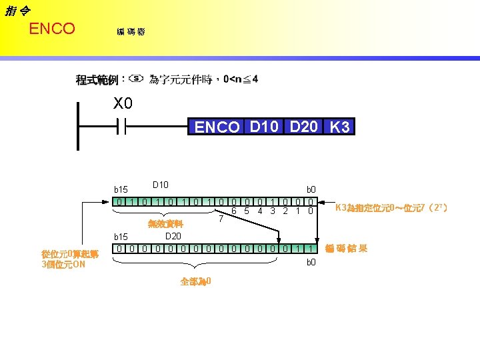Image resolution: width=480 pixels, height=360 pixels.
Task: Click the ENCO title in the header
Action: tap(52, 29)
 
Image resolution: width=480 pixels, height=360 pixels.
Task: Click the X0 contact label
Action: tap(123, 105)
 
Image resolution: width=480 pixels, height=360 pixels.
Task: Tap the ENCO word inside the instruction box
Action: tap(217, 127)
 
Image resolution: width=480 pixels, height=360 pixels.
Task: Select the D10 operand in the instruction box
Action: tap(264, 127)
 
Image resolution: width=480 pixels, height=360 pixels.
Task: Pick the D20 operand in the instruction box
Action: tap(303, 127)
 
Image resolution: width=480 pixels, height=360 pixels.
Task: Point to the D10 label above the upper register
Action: tap(161, 185)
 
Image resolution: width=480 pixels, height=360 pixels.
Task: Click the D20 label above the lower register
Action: tap(173, 236)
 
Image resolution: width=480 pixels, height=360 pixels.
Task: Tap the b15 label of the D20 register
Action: tap(121, 237)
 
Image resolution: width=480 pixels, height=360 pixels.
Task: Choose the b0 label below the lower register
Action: tap(311, 263)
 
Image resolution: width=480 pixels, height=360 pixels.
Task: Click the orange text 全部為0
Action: tap(196, 281)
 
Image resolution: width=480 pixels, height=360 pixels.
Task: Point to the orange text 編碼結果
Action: tap(345, 249)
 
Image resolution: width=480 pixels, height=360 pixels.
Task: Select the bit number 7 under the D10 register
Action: tap(221, 219)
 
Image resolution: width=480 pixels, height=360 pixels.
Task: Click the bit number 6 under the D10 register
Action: tap(233, 211)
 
